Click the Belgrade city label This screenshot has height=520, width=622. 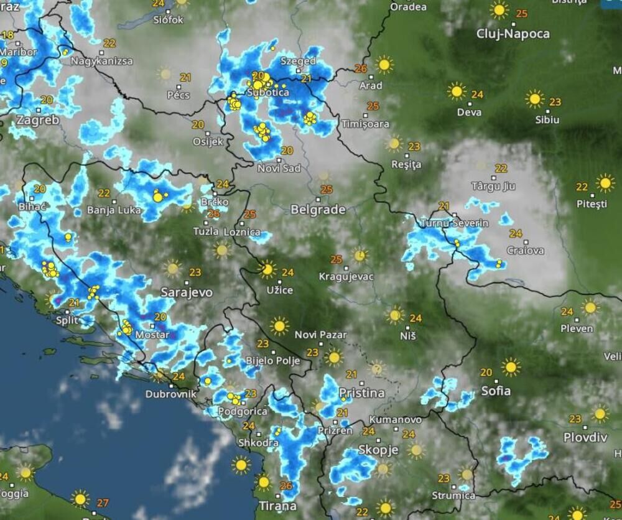318,210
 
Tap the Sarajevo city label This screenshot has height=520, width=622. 187,292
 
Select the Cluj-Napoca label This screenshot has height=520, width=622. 513,34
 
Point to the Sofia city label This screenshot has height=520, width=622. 496,391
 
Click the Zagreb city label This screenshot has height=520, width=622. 38,120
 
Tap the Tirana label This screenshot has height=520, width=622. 278,505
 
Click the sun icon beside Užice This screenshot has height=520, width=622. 267,269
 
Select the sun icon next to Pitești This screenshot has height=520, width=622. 605,183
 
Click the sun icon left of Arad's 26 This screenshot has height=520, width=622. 384,64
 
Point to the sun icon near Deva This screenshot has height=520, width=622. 457,91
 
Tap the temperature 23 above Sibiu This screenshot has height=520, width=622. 555,102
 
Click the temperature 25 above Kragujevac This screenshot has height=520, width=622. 337,259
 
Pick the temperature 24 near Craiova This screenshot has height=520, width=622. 515,234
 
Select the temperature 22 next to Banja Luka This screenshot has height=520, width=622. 104,193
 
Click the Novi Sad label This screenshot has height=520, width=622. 279,168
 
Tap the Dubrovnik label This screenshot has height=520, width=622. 170,394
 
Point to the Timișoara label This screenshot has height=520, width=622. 365,124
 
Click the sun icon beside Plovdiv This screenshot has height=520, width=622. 600,414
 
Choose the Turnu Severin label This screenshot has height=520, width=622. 455,223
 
